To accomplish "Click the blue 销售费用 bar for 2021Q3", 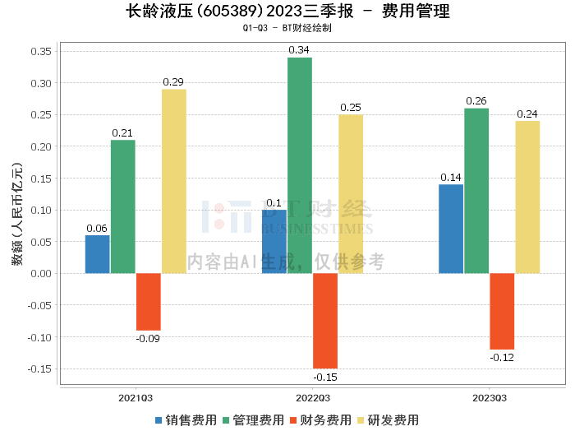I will coord(97,254).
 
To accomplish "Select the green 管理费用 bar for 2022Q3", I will coord(300,165).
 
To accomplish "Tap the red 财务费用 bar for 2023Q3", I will coord(502,311).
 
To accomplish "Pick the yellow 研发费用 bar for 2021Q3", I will coord(173,181).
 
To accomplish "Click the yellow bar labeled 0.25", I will coord(351,194).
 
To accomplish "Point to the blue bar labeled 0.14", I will coord(451,229).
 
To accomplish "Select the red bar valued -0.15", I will coord(325,321).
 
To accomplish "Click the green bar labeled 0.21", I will coord(123,206).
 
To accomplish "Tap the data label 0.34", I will coord(300,50).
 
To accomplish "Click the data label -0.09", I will coord(149,338).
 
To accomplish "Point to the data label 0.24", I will coord(527,114).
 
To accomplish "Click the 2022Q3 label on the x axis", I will coord(313,397).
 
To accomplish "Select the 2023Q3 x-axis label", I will coord(490,397).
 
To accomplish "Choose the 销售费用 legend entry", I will coord(185,419).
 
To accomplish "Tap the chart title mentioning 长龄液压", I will coord(287,12).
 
